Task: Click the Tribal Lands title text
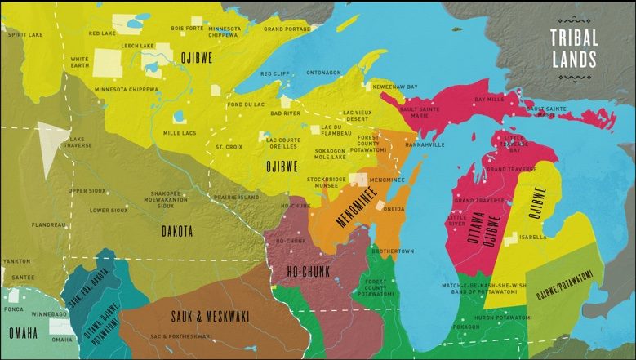[573, 48]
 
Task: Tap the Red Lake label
[103, 33]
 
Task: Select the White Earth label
[80, 63]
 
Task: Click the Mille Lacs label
[179, 132]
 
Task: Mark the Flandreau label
[48, 224]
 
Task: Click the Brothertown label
[396, 251]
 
